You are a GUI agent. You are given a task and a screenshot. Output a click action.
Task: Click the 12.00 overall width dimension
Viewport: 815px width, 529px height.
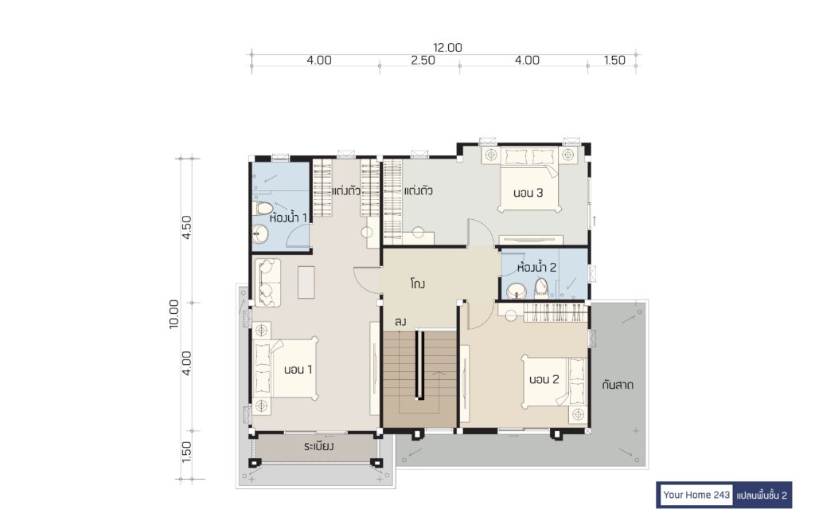click(447, 47)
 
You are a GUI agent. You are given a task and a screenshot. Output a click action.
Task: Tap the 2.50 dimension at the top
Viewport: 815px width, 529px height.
click(423, 61)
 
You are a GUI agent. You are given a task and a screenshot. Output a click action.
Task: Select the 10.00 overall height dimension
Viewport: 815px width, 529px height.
click(174, 314)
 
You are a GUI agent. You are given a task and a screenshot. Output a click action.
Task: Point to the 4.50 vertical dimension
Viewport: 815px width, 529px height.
click(186, 227)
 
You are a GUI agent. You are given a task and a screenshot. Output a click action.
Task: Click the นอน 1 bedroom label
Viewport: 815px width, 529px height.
click(298, 370)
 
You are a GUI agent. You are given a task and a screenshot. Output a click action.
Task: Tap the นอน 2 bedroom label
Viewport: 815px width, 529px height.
click(544, 380)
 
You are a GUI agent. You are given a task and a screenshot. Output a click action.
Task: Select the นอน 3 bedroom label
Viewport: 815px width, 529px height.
click(528, 193)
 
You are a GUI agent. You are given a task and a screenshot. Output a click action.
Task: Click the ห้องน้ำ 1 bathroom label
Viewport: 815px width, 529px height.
click(288, 218)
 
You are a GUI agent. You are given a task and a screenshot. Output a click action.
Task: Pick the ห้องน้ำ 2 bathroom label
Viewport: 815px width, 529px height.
click(537, 268)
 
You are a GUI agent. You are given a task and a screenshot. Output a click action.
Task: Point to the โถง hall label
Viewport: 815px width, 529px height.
click(417, 284)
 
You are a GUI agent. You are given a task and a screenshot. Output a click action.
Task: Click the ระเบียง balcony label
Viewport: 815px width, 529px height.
click(318, 446)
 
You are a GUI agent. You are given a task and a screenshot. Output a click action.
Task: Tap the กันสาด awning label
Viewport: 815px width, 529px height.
click(618, 386)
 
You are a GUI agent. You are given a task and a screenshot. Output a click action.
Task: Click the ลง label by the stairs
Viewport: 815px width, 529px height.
click(400, 322)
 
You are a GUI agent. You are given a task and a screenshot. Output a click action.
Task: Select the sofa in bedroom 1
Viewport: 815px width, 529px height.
click(267, 283)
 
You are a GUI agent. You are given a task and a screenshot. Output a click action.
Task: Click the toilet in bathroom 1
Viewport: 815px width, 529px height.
click(263, 208)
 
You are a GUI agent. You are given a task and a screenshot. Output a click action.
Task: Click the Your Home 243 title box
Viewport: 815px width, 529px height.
click(696, 495)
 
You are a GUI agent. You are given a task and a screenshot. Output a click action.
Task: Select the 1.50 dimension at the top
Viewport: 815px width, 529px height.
click(614, 61)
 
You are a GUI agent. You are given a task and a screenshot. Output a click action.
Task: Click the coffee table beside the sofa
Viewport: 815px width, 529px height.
click(306, 282)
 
